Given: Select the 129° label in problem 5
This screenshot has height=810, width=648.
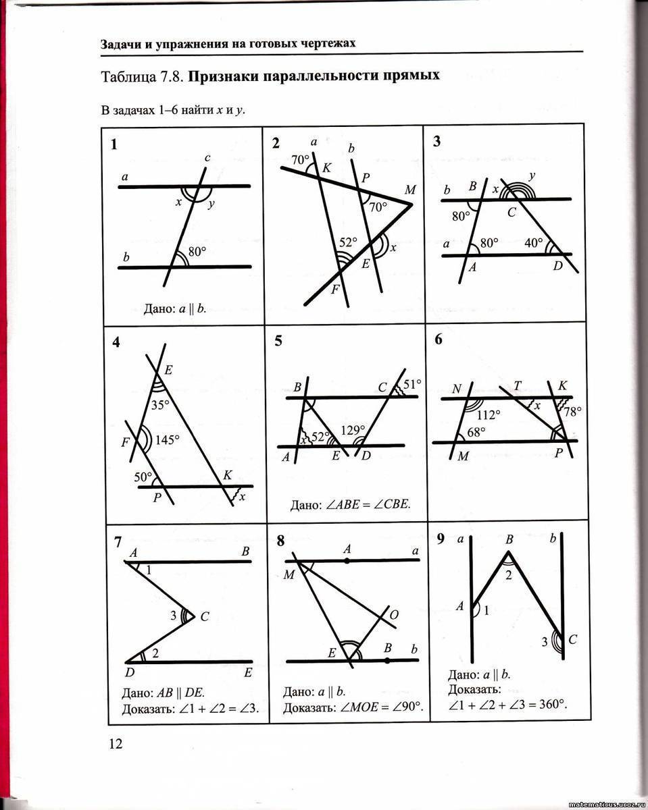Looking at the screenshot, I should [x=353, y=429].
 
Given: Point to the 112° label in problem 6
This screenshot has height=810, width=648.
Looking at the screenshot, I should [x=488, y=414].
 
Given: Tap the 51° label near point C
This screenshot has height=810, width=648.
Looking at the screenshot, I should [x=412, y=384].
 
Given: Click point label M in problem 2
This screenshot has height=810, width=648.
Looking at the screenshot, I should [x=410, y=191].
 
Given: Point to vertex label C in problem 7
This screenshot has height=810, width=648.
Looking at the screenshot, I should [x=205, y=616].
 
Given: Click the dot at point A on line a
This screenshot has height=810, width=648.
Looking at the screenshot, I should [x=347, y=560].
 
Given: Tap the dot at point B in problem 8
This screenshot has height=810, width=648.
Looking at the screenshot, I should [x=387, y=661].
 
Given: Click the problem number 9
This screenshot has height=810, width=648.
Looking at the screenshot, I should [x=441, y=539].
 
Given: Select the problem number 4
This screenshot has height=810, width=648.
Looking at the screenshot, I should [x=117, y=342].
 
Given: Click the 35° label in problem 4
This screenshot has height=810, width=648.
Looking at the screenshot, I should [x=160, y=406].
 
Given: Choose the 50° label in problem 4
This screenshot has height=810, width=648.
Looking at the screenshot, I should [x=143, y=477].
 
